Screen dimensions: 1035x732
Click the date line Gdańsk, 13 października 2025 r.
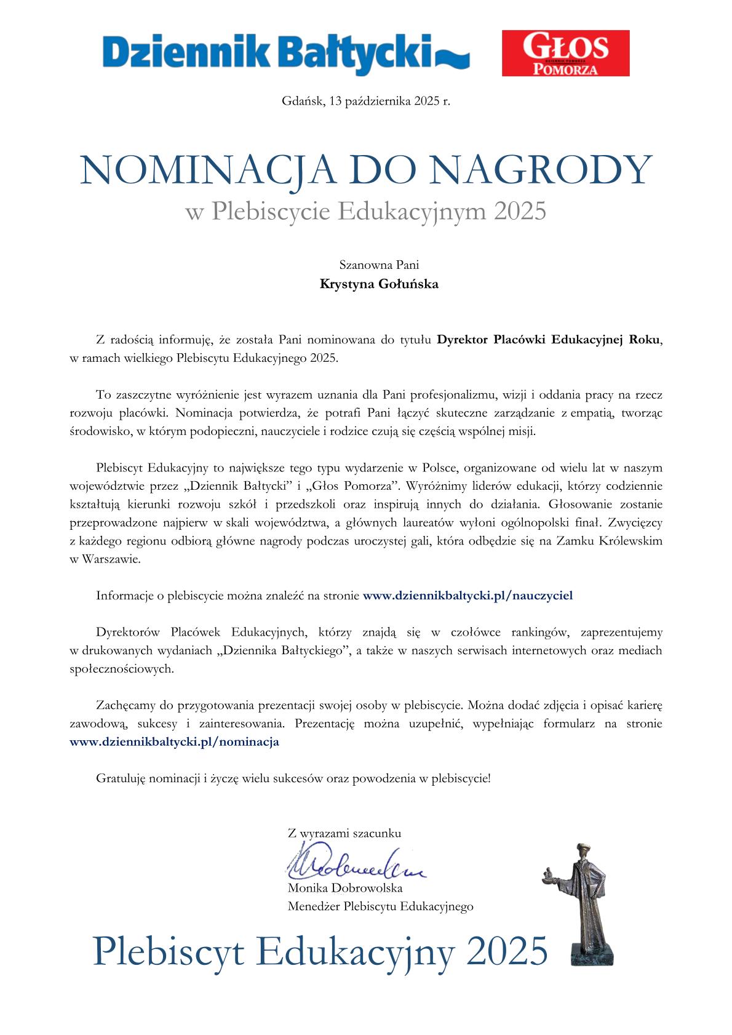[x=366, y=101]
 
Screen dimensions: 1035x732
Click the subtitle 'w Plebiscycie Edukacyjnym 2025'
[x=366, y=212]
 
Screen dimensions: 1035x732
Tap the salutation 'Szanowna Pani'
[x=379, y=265]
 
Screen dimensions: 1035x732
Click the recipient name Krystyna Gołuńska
[x=379, y=284]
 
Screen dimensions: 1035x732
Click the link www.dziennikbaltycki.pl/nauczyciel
[x=468, y=596]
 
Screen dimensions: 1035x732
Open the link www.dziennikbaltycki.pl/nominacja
[x=175, y=741]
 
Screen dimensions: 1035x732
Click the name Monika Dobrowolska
[x=345, y=888]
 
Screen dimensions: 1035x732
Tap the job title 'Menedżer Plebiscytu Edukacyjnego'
[x=380, y=906]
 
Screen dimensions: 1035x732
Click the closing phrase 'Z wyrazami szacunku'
[x=344, y=834]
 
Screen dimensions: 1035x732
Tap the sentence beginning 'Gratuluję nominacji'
[x=293, y=778]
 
